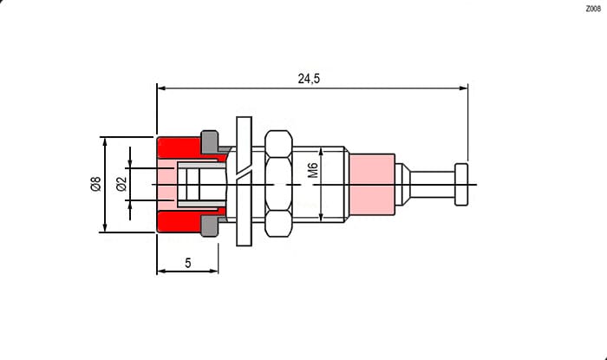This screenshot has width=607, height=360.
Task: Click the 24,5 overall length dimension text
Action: [x=309, y=79]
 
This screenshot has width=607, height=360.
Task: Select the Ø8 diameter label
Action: [x=95, y=184]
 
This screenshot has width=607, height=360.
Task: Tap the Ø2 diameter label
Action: [x=121, y=184]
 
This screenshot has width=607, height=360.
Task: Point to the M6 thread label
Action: [x=313, y=170]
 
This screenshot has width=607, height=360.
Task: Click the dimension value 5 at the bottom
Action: [x=188, y=263]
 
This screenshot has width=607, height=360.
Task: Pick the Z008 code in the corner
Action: [x=593, y=9]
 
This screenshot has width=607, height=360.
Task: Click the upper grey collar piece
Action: [x=211, y=142]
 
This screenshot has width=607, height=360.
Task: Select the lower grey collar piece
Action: [x=211, y=226]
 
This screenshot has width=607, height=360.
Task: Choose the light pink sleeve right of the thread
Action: [x=372, y=185]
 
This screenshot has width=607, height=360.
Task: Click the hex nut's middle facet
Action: [x=278, y=184]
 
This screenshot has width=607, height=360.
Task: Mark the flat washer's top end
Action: [x=244, y=117]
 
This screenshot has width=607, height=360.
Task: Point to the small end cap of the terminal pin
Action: [x=461, y=184]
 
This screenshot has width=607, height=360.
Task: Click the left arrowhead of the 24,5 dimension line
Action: [x=161, y=88]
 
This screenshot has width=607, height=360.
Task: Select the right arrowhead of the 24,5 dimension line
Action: [x=463, y=88]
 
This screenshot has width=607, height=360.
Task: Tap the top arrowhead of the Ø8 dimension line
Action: [x=105, y=141]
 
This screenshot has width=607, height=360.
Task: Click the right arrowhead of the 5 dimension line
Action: [x=213, y=271]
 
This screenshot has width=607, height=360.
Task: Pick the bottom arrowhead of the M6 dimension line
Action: [x=321, y=217]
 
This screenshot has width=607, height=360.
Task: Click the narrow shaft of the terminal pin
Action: [x=432, y=184]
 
